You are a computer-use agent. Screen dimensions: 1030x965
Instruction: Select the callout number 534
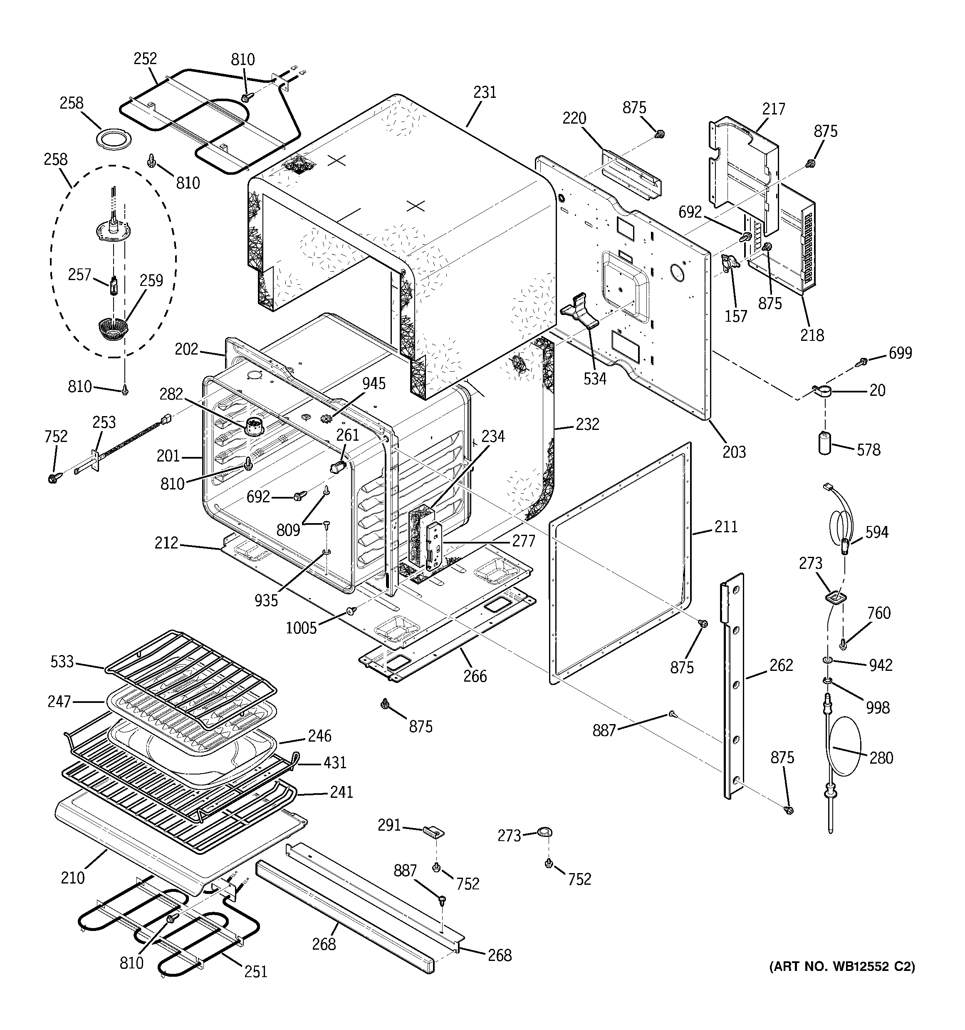[595, 379]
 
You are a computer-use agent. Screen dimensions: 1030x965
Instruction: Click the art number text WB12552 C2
[842, 966]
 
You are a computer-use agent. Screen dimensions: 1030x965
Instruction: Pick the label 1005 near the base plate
[301, 628]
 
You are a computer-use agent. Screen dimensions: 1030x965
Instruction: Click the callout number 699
[900, 353]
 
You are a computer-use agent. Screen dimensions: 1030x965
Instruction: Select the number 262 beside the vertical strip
[781, 665]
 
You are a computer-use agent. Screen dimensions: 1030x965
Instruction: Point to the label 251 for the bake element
[255, 971]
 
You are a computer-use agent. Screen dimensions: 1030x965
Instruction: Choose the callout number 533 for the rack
[62, 662]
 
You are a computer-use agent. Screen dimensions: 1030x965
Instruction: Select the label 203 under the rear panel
[734, 452]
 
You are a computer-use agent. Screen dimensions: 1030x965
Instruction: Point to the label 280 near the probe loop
[881, 758]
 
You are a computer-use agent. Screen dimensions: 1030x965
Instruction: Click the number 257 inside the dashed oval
[80, 275]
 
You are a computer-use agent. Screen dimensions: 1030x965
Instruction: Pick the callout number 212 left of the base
[166, 543]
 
